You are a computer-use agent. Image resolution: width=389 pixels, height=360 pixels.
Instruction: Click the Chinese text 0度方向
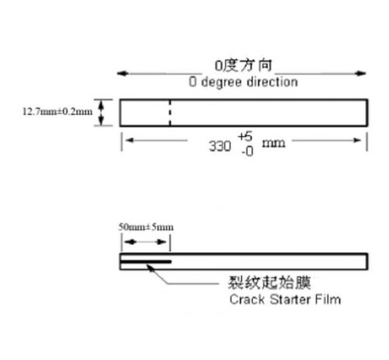point(244,65)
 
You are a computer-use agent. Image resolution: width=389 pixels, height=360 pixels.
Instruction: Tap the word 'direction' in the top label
point(272,82)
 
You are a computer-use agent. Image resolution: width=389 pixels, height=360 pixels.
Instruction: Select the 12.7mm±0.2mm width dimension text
point(58,112)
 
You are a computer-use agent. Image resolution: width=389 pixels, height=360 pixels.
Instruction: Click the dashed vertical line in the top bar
point(170,113)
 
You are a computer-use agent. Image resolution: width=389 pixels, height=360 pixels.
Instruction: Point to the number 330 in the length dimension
point(220,146)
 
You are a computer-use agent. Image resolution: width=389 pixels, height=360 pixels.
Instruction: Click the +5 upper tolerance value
point(245,136)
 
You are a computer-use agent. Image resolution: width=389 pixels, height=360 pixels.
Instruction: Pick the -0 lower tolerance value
point(247,151)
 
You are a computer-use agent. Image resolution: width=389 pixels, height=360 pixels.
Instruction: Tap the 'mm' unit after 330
point(274,143)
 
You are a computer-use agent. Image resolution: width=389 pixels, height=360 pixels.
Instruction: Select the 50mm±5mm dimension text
point(146,227)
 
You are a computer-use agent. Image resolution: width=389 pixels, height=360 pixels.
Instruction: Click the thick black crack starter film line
point(145,262)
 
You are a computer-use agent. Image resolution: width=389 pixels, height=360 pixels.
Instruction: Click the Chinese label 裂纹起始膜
point(269,282)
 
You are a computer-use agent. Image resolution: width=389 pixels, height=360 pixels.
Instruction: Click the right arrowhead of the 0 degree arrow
point(361,73)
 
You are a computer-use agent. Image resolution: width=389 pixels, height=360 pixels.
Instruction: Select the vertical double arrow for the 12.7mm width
point(101,113)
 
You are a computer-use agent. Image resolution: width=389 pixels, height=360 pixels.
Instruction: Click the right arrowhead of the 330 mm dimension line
point(358,141)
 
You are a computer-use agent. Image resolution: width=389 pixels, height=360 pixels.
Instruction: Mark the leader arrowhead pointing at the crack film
point(150,268)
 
